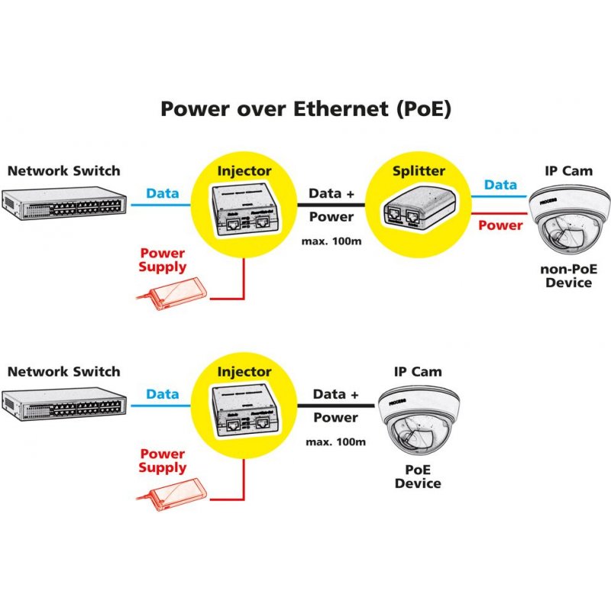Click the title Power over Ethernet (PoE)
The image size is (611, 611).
click(x=305, y=108)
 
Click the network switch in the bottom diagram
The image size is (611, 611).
click(x=63, y=404)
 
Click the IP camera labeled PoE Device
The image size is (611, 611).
click(x=417, y=424)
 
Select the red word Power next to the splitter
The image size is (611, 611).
click(x=500, y=225)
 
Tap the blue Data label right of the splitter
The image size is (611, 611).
click(x=500, y=185)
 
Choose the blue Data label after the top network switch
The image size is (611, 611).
click(x=162, y=193)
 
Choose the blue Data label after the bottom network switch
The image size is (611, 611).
click(x=162, y=394)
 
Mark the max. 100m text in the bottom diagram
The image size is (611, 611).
click(x=335, y=442)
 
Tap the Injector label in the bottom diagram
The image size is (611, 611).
click(x=244, y=372)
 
